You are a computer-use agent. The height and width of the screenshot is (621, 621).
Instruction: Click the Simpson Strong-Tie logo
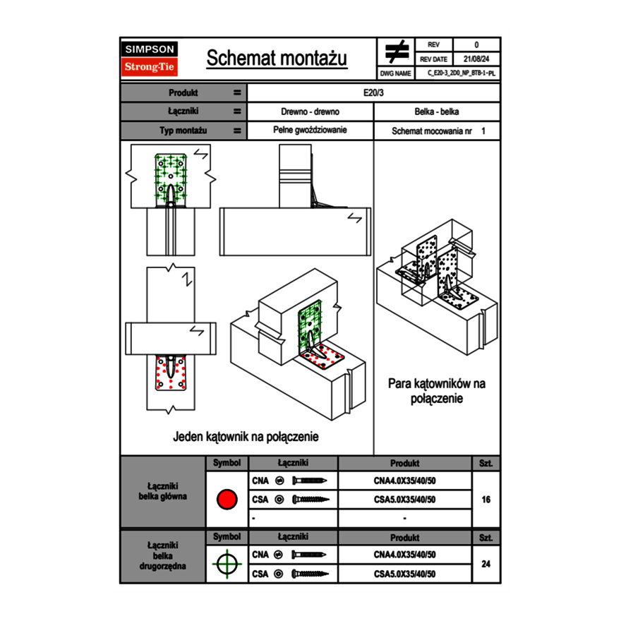coord(150,59)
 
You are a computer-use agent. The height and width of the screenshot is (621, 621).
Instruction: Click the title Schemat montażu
coord(277,59)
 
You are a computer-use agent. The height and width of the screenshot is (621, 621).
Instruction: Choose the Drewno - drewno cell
coord(310,111)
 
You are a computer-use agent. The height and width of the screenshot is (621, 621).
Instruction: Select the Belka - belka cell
coord(437,111)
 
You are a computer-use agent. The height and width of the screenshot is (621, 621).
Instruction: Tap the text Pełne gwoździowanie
coord(310,131)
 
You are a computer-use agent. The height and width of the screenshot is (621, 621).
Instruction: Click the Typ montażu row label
coord(183,131)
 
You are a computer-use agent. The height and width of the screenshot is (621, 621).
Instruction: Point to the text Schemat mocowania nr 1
coord(438,131)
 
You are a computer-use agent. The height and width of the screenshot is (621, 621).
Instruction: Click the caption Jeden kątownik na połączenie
coord(246,437)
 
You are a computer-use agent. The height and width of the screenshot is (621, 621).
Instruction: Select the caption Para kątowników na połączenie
coord(437,391)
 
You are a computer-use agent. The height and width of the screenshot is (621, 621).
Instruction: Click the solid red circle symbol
coord(226,500)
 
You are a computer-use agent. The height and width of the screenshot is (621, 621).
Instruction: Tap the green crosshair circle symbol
coord(226,564)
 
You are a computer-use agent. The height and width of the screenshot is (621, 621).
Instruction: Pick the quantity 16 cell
coord(486,500)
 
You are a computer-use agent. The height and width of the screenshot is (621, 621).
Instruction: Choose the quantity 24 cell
coord(486,564)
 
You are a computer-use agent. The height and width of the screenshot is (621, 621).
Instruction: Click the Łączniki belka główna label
coord(163,491)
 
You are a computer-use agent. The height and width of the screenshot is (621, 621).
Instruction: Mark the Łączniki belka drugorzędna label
coord(163,555)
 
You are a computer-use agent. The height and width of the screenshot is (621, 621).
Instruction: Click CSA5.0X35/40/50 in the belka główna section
coord(404,500)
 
